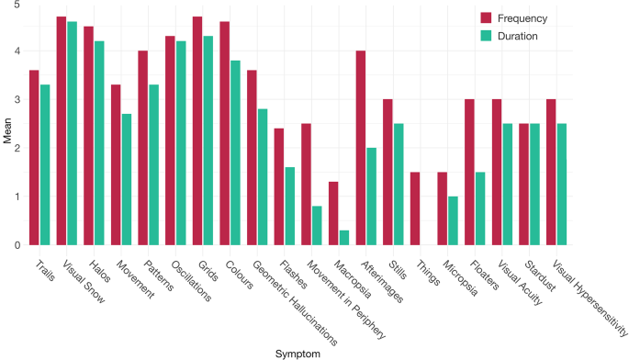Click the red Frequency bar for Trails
(x=34, y=158)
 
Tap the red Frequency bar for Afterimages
(x=361, y=148)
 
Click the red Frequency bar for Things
(x=415, y=208)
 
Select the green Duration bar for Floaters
(x=480, y=208)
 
